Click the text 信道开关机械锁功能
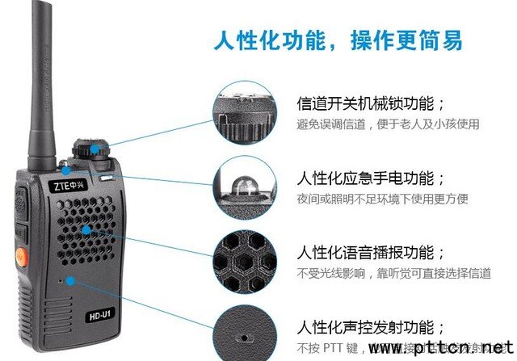click(x=371, y=105)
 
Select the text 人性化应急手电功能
click(x=371, y=178)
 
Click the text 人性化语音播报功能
click(x=371, y=251)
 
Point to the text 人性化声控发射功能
click(x=371, y=326)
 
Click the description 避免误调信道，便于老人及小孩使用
click(x=388, y=125)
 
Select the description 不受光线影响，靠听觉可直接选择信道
click(x=393, y=273)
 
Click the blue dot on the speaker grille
click(x=83, y=229)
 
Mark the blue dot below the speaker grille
click(x=73, y=280)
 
